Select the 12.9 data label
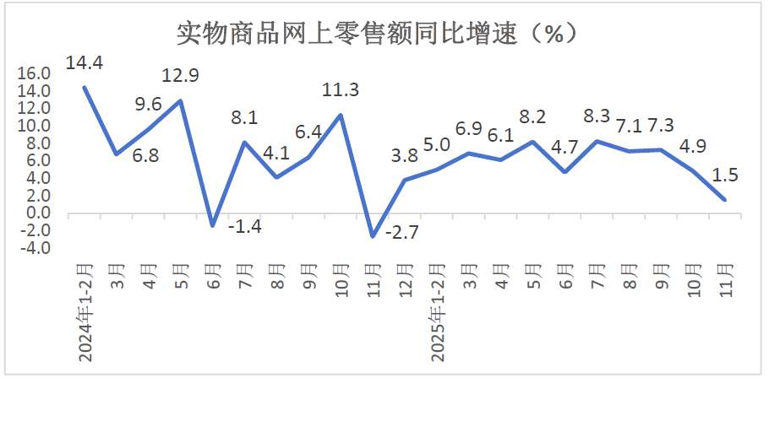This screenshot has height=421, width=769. (x=181, y=76)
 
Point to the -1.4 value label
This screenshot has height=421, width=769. (x=245, y=225)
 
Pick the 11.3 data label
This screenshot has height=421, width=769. (x=341, y=89)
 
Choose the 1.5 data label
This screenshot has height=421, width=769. (x=725, y=175)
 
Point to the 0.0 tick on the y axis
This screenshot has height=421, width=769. (x=37, y=213)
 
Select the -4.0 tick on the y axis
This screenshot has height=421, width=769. (x=35, y=248)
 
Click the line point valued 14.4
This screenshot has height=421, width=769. (x=85, y=87)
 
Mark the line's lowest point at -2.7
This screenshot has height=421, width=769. (x=373, y=236)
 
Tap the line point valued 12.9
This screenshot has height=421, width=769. (x=180, y=100)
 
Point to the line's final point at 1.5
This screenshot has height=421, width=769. (x=724, y=199)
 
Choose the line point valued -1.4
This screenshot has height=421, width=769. (x=212, y=225)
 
